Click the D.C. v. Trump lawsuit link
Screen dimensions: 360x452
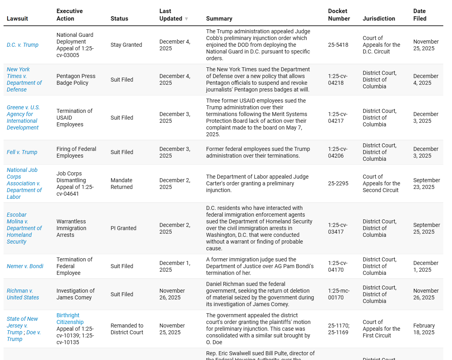click(x=23, y=45)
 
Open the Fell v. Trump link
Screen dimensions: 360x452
click(x=22, y=152)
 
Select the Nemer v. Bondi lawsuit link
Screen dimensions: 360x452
click(x=25, y=266)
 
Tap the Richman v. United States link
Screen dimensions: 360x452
click(x=23, y=294)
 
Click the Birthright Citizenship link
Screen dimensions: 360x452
click(x=70, y=318)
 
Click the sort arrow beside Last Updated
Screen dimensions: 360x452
click(x=186, y=19)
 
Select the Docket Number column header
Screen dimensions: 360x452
click(x=339, y=15)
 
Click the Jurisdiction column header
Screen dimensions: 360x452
click(x=379, y=19)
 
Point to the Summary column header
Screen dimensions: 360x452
click(x=219, y=19)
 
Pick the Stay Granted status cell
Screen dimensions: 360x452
click(x=126, y=45)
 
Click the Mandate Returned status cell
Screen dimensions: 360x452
click(x=122, y=183)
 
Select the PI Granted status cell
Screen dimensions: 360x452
click(x=123, y=228)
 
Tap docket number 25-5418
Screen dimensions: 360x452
click(x=338, y=45)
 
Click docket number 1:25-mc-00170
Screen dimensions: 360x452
click(x=339, y=294)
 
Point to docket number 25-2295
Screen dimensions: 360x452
click(x=338, y=183)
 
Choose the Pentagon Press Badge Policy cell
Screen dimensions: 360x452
click(x=76, y=79)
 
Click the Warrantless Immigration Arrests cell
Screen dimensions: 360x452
click(x=71, y=228)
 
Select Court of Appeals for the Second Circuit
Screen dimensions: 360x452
click(x=381, y=183)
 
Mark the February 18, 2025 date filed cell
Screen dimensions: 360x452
click(x=424, y=329)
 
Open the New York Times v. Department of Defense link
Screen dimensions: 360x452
click(x=24, y=79)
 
